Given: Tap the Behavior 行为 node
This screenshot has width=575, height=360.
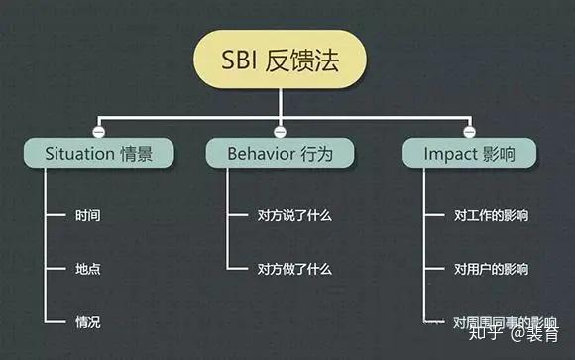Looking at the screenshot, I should [280, 153].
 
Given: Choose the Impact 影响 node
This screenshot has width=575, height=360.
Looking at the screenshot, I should [470, 153].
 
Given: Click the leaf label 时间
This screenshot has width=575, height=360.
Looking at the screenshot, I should [87, 214].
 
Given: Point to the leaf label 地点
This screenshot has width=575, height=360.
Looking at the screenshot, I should [87, 269].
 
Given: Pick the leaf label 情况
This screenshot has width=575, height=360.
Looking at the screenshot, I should [87, 322].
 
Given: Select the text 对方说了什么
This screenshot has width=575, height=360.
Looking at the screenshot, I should [294, 214].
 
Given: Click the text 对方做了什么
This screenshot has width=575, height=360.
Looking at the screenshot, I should [294, 269].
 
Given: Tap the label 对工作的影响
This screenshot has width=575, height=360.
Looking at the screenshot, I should [492, 214].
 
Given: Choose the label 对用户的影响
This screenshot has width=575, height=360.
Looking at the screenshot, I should [492, 269].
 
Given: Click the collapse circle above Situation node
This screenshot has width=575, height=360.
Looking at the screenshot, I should [97, 130].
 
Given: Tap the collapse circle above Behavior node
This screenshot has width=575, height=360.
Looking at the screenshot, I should [280, 130].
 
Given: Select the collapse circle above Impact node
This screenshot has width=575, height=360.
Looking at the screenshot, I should [470, 130].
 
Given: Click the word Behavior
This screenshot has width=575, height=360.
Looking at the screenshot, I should [261, 153].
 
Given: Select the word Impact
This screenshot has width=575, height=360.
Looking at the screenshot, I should [450, 153].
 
